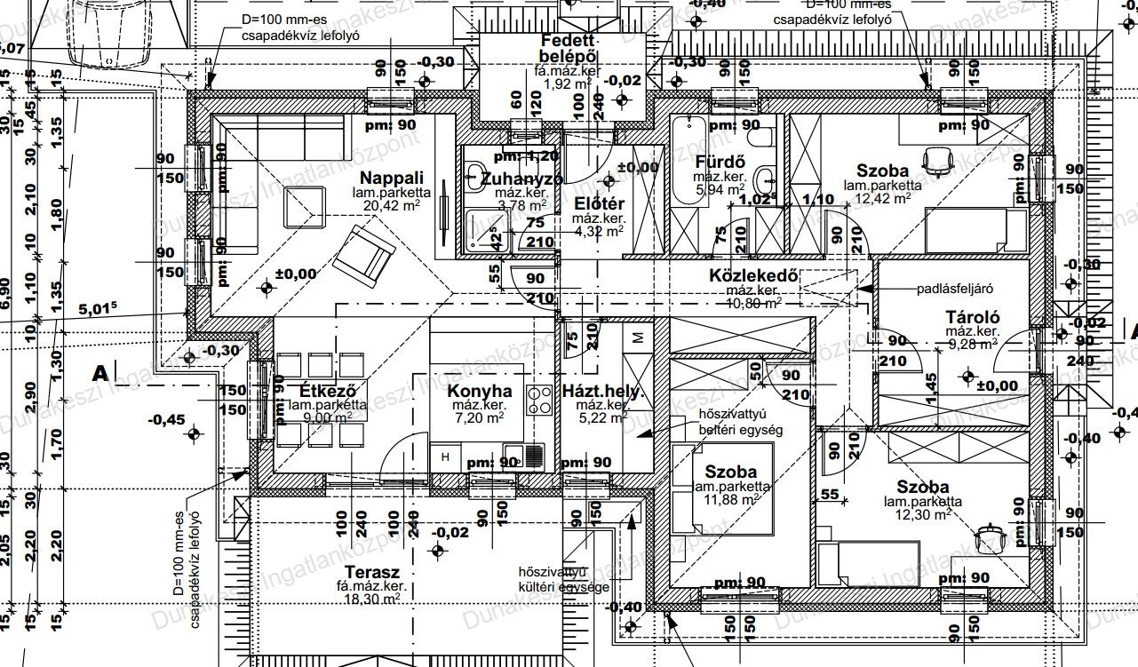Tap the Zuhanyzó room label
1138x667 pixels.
pos(521,179)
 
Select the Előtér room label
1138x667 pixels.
pos(601,202)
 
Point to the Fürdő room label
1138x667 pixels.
pos(719,163)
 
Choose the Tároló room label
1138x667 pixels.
pos(973,317)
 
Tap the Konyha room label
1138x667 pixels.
pos(480,391)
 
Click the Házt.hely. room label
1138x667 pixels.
pos(601,391)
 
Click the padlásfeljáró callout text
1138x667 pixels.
pos(954,289)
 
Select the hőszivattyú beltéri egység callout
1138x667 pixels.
pos(728,422)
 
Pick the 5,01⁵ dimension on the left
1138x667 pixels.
pos(98,309)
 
